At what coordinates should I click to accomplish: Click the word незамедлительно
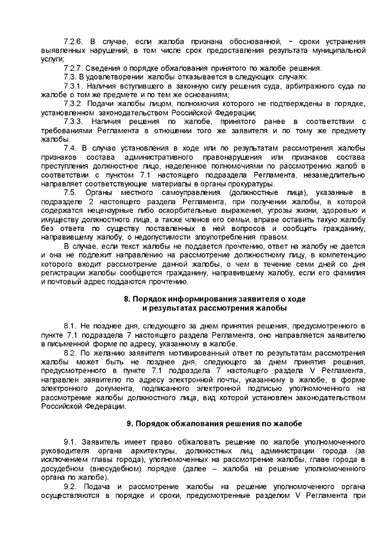[334, 175]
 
